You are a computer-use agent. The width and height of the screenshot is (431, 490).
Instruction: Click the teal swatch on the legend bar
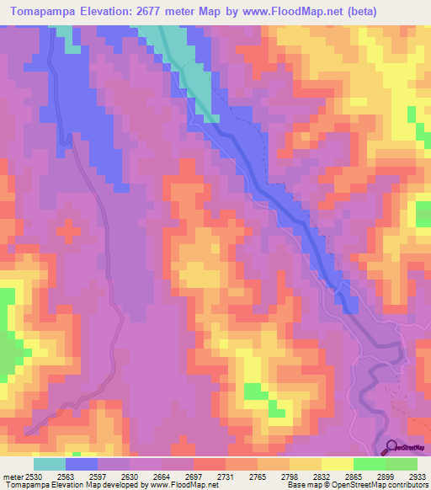(x=50, y=464)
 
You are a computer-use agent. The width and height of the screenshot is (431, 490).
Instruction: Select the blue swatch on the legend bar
(x=82, y=464)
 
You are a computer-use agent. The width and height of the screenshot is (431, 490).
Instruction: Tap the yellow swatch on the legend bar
(x=338, y=464)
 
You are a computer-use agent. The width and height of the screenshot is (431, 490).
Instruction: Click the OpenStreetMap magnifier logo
(x=391, y=446)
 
